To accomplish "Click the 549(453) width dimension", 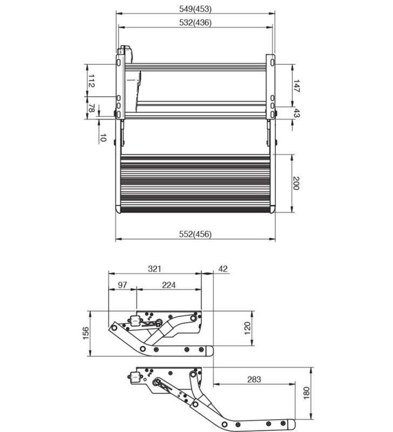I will pos(195,8).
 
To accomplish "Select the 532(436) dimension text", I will pos(195,23).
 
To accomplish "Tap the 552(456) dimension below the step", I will pos(195,234).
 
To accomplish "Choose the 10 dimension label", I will pos(103,138).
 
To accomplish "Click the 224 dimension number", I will pos(168,285).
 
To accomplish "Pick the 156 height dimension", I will pos(85,333).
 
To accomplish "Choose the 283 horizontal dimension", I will pos(254,380).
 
